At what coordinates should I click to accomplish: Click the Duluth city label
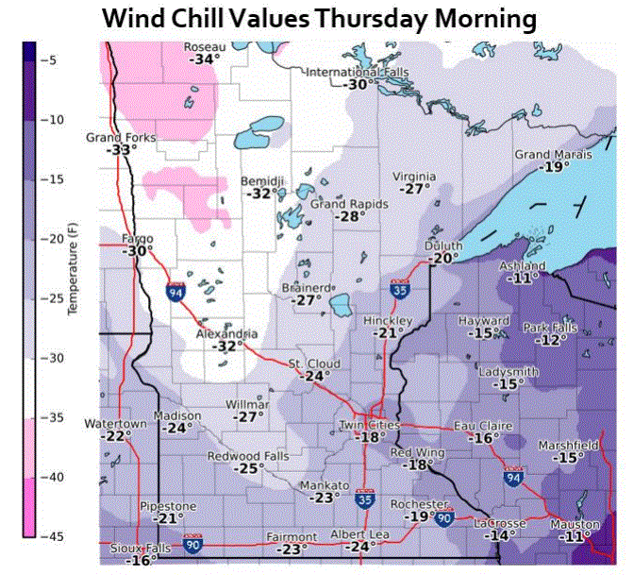(x=443, y=246)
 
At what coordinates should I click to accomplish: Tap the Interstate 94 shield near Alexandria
(x=175, y=293)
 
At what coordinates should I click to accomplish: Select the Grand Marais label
(x=553, y=154)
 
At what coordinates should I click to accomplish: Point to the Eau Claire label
(x=483, y=426)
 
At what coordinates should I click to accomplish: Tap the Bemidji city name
(x=262, y=179)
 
